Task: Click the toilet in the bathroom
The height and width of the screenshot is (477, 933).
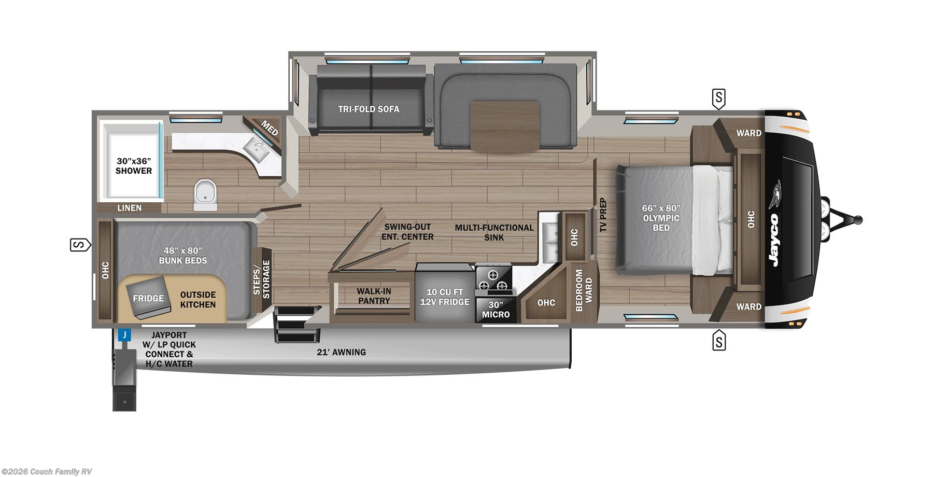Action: (x=205, y=195)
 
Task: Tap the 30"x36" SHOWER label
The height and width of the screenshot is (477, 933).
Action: (x=134, y=166)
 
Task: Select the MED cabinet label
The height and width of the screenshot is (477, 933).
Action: (x=270, y=128)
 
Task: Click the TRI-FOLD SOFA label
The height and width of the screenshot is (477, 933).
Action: (x=369, y=109)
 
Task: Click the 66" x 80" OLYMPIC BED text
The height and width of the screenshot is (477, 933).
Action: (x=661, y=218)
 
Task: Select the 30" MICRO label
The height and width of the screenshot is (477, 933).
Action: (x=496, y=310)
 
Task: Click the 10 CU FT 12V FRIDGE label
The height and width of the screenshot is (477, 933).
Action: (x=444, y=297)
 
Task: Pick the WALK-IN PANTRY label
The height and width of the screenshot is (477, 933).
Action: (x=374, y=296)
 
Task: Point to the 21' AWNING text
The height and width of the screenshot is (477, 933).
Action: (x=342, y=353)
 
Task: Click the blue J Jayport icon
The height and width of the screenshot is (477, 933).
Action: (x=124, y=335)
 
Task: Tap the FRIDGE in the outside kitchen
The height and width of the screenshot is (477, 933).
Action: (x=148, y=298)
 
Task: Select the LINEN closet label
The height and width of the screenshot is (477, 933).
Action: (x=129, y=208)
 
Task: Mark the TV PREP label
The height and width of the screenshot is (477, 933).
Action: (x=602, y=215)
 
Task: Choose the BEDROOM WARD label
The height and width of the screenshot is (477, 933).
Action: (x=583, y=290)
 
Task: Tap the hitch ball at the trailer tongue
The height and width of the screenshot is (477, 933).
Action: (x=858, y=220)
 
